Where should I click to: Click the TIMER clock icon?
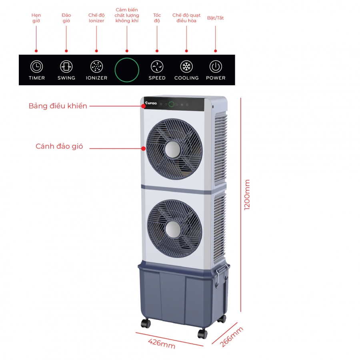pos(36,67)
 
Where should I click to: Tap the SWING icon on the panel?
pos(66,67)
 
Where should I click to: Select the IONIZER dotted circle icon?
pos(96,67)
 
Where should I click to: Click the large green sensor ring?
pos(127,70)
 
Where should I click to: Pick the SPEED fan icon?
pos(157,67)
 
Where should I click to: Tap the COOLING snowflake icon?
pos(186,67)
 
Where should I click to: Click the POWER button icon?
pos(216,67)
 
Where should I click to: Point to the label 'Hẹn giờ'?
pos(36,18)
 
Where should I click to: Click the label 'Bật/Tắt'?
pos(215,18)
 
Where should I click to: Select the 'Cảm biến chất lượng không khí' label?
pos(127,15)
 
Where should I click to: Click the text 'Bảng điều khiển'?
pos(58,106)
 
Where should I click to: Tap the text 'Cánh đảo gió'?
pos(59,146)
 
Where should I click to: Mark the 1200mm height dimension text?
pos(247,195)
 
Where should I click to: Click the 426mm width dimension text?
pos(162,344)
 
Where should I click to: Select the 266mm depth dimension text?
pos(231,337)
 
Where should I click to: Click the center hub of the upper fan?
pos(173,150)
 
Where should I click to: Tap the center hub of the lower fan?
pos(173,229)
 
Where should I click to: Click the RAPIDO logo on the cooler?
pos(151,103)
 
